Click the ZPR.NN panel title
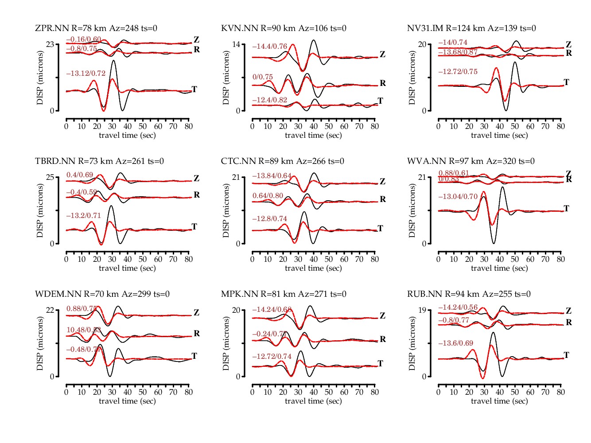click(96, 28)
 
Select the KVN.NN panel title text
click(284, 28)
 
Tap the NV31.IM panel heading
click(471, 28)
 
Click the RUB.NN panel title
click(469, 294)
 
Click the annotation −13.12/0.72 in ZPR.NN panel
click(86, 74)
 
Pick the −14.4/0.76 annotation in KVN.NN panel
click(270, 47)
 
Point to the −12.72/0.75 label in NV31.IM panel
click(458, 72)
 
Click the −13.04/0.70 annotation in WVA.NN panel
click(458, 197)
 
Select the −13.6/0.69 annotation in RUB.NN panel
click(455, 343)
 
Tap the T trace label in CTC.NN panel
click(380, 229)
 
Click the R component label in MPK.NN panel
click(383, 339)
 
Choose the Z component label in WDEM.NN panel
click(197, 313)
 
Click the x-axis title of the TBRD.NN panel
click(127, 268)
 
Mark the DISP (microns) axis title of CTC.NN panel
click(226, 210)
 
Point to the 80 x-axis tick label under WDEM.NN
click(189, 392)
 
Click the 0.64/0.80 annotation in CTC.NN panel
click(268, 196)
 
